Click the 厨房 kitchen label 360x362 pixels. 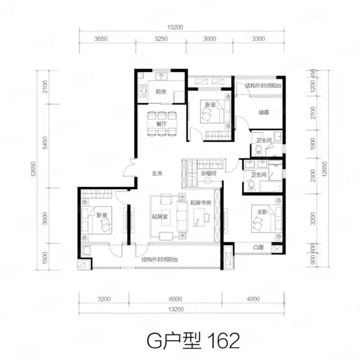pos(161,92)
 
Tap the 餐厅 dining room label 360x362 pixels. pos(161,124)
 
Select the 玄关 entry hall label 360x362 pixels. pos(157,173)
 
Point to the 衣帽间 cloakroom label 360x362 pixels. pos(208,173)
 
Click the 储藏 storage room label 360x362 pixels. pos(263,112)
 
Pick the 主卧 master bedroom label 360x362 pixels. pos(262,212)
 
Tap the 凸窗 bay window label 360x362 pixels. pos(258,247)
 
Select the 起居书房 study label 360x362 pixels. pos(201,203)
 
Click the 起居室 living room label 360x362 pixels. pos(160,216)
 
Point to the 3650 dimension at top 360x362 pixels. pos(101,39)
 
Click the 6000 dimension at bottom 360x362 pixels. pos(175,299)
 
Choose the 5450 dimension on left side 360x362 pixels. pos(45,143)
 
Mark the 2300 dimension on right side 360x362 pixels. pos(313,175)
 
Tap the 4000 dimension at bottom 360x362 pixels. pos(253,299)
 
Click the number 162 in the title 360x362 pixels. pos(224,340)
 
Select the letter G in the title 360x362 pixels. pos(154,341)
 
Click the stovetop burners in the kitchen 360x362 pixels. pos(143,91)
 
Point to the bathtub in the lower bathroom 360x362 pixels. pos(271,187)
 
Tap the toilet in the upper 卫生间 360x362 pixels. pos(258,150)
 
